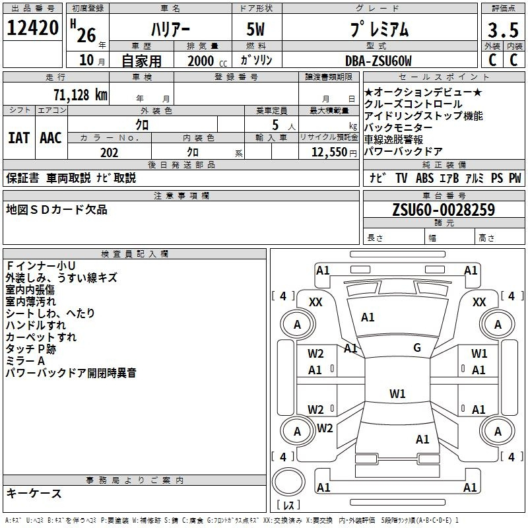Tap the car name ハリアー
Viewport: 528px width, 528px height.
[x=170, y=30]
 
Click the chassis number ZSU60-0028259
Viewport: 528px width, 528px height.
[x=444, y=210]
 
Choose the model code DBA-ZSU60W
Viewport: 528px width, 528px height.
[x=378, y=61]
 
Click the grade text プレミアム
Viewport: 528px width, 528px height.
[x=378, y=30]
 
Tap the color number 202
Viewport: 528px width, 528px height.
[x=109, y=152]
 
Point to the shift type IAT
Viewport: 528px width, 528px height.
[x=18, y=138]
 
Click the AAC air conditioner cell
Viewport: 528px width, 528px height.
[x=51, y=138]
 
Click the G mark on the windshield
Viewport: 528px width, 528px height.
[x=417, y=348]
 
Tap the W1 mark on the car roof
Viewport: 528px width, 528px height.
[x=397, y=394]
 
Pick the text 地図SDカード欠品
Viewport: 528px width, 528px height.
[x=57, y=210]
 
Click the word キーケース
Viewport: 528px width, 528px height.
[x=34, y=493]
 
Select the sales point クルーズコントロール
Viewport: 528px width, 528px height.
[x=413, y=104]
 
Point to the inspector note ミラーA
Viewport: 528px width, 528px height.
[x=25, y=361]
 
